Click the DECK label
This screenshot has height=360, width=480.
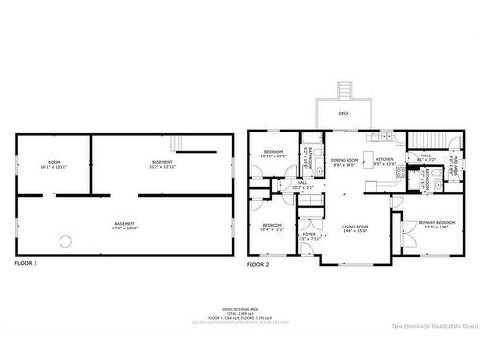pos(344,113)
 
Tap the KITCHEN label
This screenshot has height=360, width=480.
pos(385,161)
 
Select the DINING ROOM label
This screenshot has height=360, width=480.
pos(344,161)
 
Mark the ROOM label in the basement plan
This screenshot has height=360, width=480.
pos(54,164)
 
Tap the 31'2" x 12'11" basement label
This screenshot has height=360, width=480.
pos(161,164)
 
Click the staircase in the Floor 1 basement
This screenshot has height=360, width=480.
pos(177,143)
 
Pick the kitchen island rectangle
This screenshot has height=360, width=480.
pos(376,179)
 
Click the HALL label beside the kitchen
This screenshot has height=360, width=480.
pos(425,156)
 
